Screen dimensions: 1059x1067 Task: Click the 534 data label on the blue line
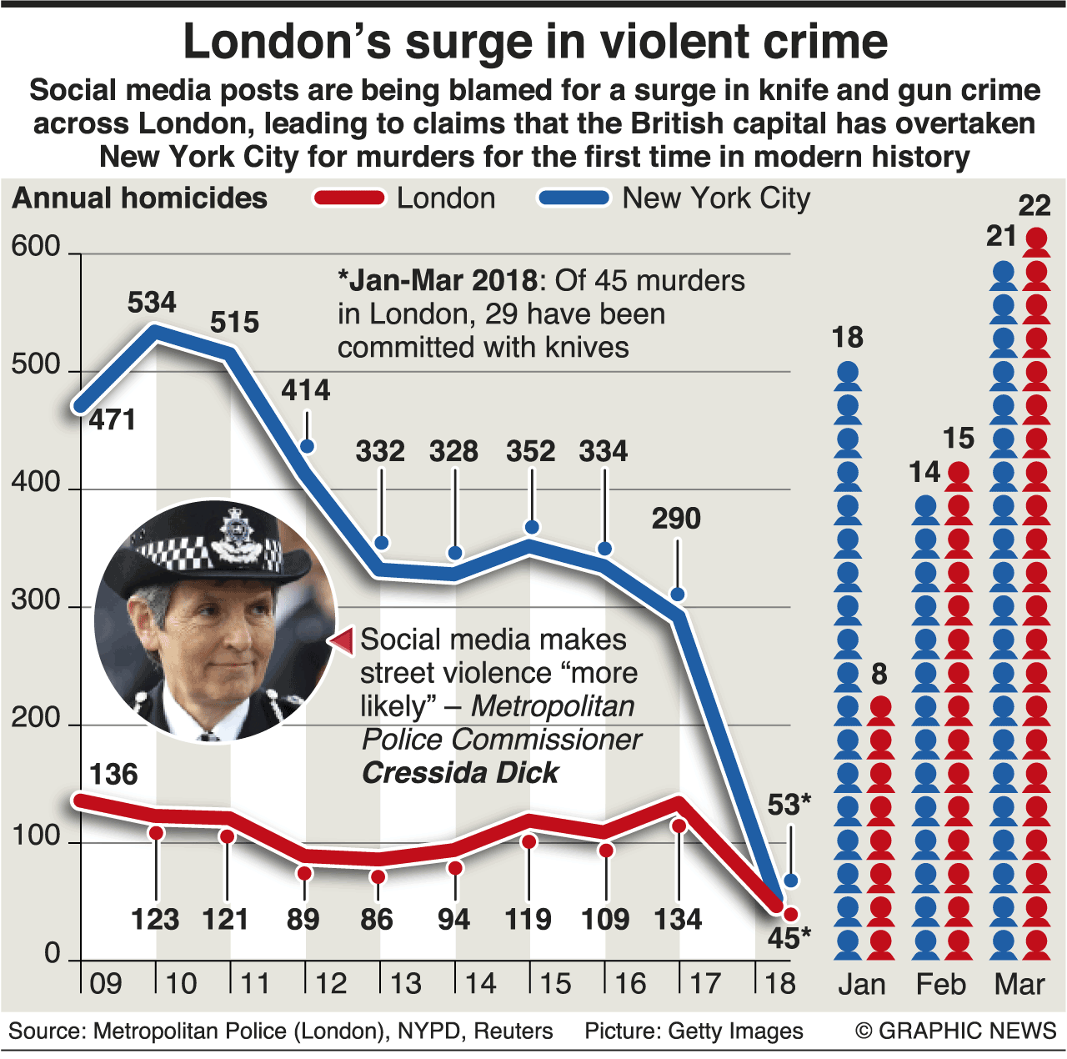pos(152,302)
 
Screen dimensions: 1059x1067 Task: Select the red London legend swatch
pos(349,198)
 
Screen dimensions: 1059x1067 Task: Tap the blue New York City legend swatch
pos(574,198)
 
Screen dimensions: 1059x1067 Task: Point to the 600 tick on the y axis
pos(36,247)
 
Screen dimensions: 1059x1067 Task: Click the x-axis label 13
pos(406,984)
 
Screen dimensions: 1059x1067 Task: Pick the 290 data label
pos(676,519)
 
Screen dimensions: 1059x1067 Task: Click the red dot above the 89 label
pos(304,873)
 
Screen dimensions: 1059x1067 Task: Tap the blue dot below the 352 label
pos(532,527)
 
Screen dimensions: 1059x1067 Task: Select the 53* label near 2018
pos(789,805)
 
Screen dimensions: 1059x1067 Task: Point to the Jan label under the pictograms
pos(861,985)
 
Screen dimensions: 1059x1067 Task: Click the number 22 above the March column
pos(1034,206)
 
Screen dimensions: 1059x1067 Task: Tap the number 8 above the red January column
pos(879,674)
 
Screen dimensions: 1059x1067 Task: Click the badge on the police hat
pos(237,535)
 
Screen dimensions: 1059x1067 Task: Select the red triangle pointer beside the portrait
pos(343,640)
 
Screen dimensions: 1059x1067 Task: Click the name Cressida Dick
pos(459,773)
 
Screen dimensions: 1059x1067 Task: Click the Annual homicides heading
pos(140,198)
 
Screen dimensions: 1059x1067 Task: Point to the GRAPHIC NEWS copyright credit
pos(955,1031)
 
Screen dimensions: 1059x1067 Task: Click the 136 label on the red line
pos(113,775)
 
